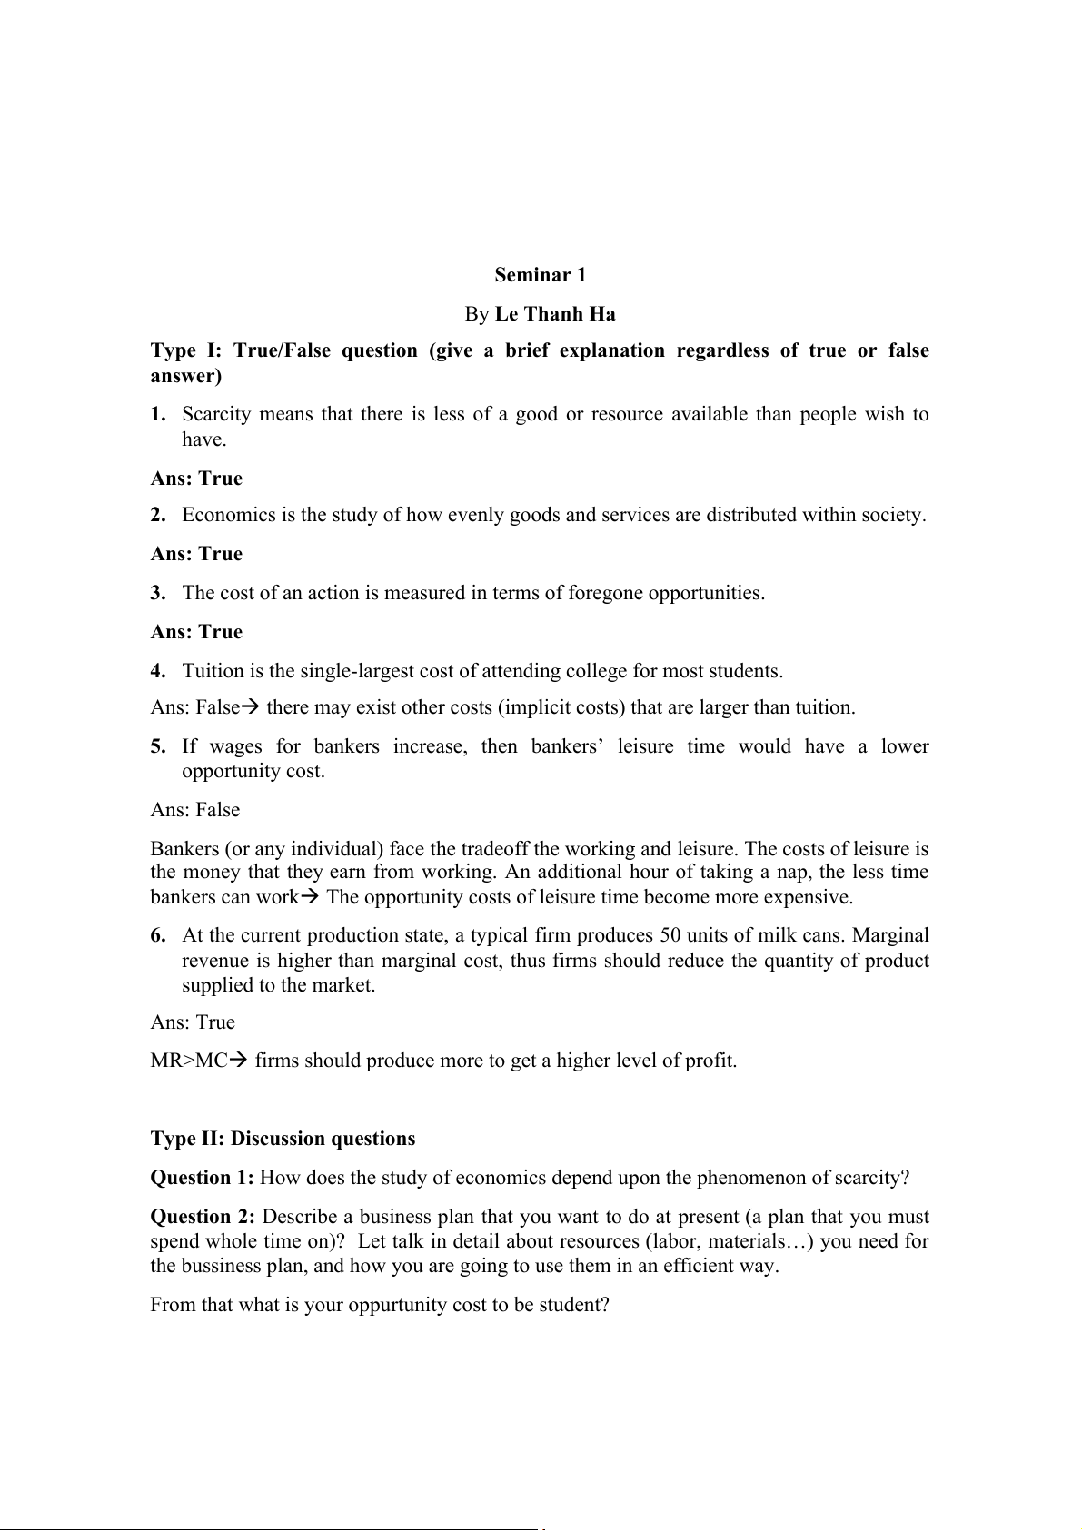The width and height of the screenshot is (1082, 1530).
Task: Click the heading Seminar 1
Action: tap(541, 275)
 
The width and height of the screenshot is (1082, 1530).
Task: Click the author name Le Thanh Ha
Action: tap(555, 314)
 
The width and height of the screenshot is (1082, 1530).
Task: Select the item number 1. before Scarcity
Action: tap(158, 414)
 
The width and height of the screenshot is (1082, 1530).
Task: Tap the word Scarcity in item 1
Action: tap(213, 414)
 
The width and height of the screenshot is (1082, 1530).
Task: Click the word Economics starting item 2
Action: tap(229, 515)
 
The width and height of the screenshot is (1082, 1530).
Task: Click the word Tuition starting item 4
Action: tap(213, 671)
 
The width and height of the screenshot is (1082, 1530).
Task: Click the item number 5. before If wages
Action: tap(158, 746)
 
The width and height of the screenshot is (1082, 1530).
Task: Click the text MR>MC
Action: tap(189, 1060)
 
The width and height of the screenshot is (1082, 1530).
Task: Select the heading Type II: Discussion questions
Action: tap(283, 1139)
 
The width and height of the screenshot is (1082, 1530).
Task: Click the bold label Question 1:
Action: tap(202, 1178)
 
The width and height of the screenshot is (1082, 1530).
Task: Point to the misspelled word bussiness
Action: tap(219, 1266)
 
